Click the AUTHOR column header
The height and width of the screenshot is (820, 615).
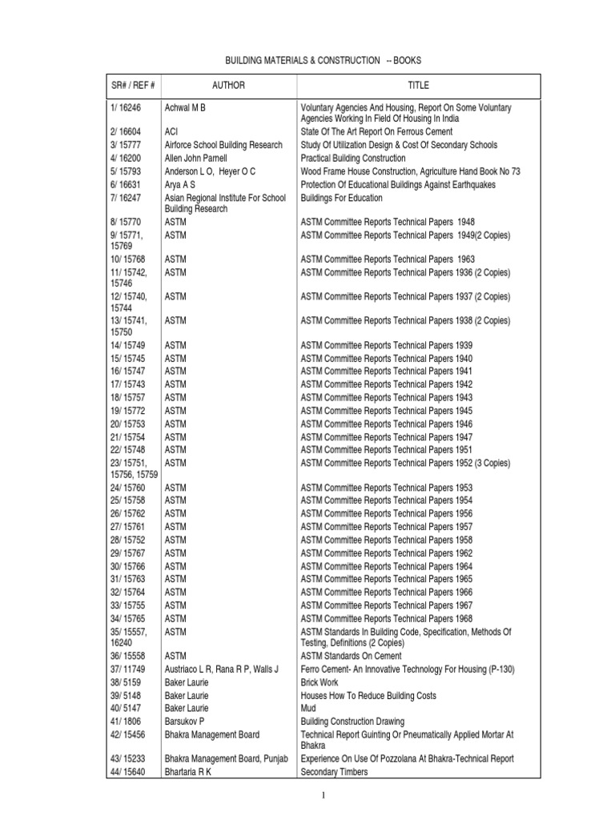(228, 86)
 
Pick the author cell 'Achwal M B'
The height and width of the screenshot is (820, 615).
(190, 107)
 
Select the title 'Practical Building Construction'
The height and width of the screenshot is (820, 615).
(352, 159)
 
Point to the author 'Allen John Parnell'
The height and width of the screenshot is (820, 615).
(195, 159)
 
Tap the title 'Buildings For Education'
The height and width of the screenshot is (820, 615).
(341, 198)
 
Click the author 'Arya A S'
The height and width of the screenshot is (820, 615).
(179, 185)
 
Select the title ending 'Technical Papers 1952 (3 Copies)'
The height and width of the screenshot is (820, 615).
(404, 464)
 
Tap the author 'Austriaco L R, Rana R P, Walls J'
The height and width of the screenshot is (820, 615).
(221, 669)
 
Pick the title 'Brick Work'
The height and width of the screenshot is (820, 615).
(319, 682)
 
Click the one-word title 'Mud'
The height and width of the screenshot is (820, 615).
(307, 709)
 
